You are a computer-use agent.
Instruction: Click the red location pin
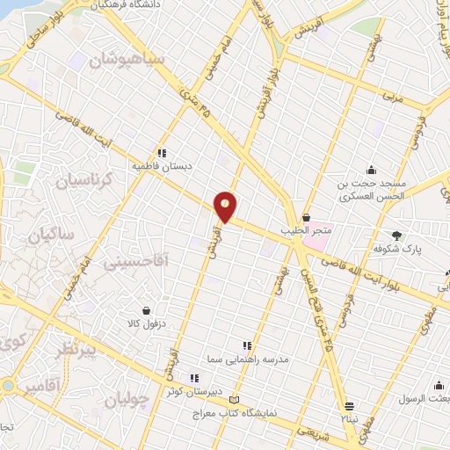pos(226,206)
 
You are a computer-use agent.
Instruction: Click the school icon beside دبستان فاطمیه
pos(160,151)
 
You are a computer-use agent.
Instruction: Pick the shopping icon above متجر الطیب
pos(306,217)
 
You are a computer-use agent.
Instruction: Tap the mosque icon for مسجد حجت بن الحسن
pos(372,171)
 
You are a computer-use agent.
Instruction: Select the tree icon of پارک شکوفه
pos(397,235)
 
